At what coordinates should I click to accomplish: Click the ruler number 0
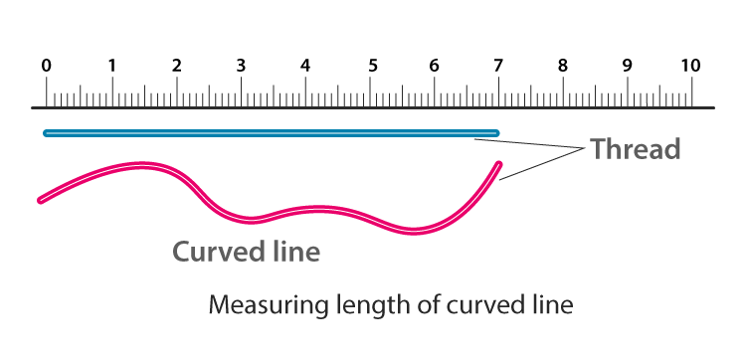click(47, 66)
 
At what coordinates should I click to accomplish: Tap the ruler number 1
click(112, 66)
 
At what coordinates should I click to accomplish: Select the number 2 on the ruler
click(176, 66)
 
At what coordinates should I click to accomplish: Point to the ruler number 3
click(241, 66)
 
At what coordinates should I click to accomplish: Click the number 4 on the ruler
click(305, 66)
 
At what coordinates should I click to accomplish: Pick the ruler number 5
click(372, 66)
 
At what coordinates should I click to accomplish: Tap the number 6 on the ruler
click(434, 66)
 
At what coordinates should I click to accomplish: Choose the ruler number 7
click(497, 66)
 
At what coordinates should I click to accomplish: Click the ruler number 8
click(563, 66)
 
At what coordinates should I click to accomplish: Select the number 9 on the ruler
click(627, 66)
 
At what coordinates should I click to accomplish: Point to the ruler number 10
click(690, 66)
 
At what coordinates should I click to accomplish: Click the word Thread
click(635, 150)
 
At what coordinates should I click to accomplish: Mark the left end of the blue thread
click(46, 132)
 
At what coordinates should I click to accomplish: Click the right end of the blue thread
click(496, 132)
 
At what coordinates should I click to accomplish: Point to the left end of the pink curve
click(41, 200)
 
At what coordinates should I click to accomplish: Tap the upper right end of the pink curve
click(498, 165)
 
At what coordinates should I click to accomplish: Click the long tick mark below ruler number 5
click(370, 91)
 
